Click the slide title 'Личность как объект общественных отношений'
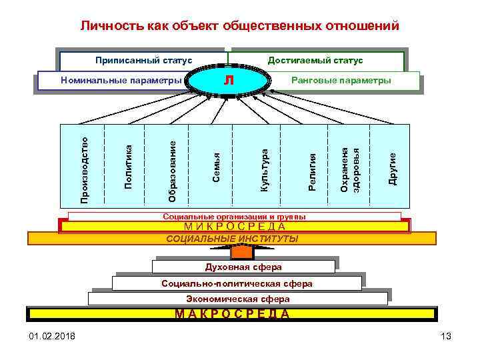[240, 27]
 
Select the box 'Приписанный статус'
[143, 61]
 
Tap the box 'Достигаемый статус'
[315, 61]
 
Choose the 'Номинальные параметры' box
[121, 81]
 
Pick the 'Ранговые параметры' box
[341, 81]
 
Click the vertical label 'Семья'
[216, 167]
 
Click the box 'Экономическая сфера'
[238, 299]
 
